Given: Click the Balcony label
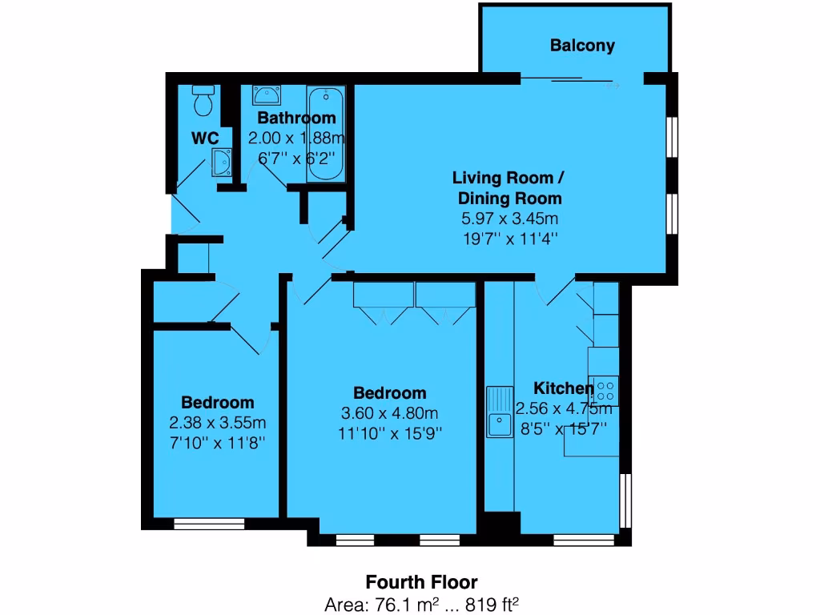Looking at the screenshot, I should (x=582, y=46).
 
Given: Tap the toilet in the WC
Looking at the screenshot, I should (x=203, y=99).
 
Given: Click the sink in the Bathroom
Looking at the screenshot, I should (x=266, y=96).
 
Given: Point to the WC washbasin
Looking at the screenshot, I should (x=221, y=163).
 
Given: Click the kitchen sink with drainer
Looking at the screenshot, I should (x=500, y=412).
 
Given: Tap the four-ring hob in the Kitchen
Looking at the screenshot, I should (x=605, y=391).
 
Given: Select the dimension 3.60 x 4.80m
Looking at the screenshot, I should (x=390, y=413).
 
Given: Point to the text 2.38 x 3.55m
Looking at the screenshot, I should (x=217, y=422).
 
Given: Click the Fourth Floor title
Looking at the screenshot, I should (x=422, y=582).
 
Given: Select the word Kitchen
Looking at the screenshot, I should (x=564, y=388).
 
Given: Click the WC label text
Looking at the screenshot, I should (x=205, y=138).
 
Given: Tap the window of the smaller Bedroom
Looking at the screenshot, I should (x=209, y=524).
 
